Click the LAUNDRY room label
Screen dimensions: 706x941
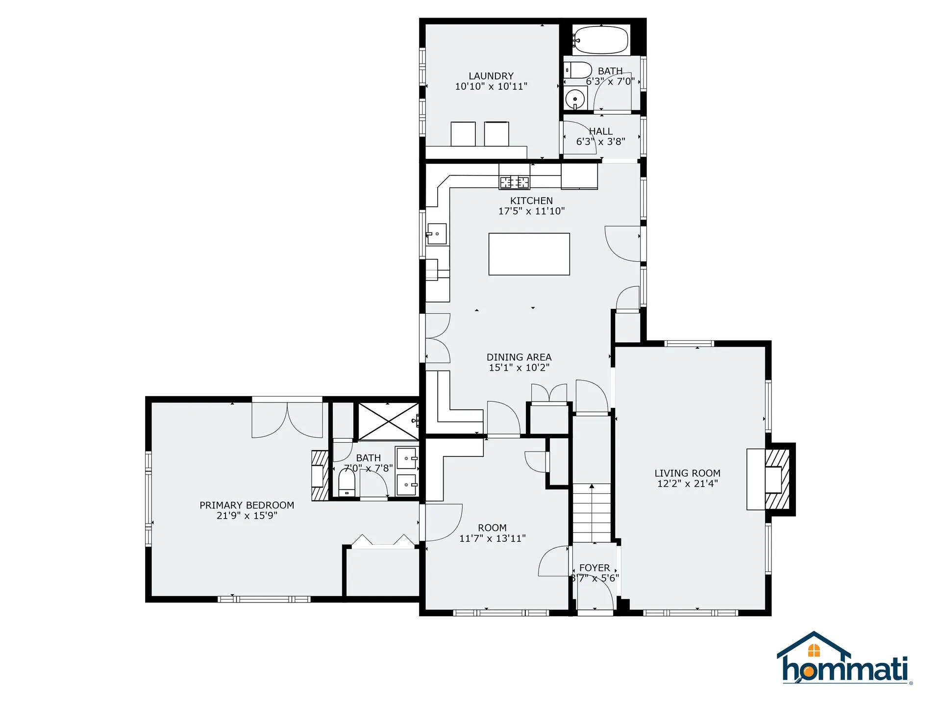point(491,76)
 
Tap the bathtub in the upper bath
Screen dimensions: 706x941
point(601,40)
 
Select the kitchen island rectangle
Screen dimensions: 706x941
point(529,254)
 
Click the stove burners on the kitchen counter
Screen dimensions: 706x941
point(514,182)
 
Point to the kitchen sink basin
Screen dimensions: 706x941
point(437,234)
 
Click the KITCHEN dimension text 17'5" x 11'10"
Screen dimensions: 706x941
point(531,211)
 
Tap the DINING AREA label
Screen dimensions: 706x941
point(519,357)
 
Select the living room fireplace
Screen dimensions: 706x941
point(776,479)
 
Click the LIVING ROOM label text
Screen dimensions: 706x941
point(687,473)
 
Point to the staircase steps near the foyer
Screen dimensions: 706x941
point(592,512)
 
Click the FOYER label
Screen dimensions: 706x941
point(594,568)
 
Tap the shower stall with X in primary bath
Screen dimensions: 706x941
point(388,422)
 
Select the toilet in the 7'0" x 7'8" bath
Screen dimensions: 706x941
point(347,483)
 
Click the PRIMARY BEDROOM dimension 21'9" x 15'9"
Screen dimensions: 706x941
point(247,516)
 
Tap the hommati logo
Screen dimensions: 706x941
point(844,660)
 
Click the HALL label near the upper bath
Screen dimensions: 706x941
point(601,131)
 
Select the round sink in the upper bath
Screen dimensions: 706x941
point(575,99)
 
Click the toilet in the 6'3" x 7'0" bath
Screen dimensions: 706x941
point(579,70)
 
